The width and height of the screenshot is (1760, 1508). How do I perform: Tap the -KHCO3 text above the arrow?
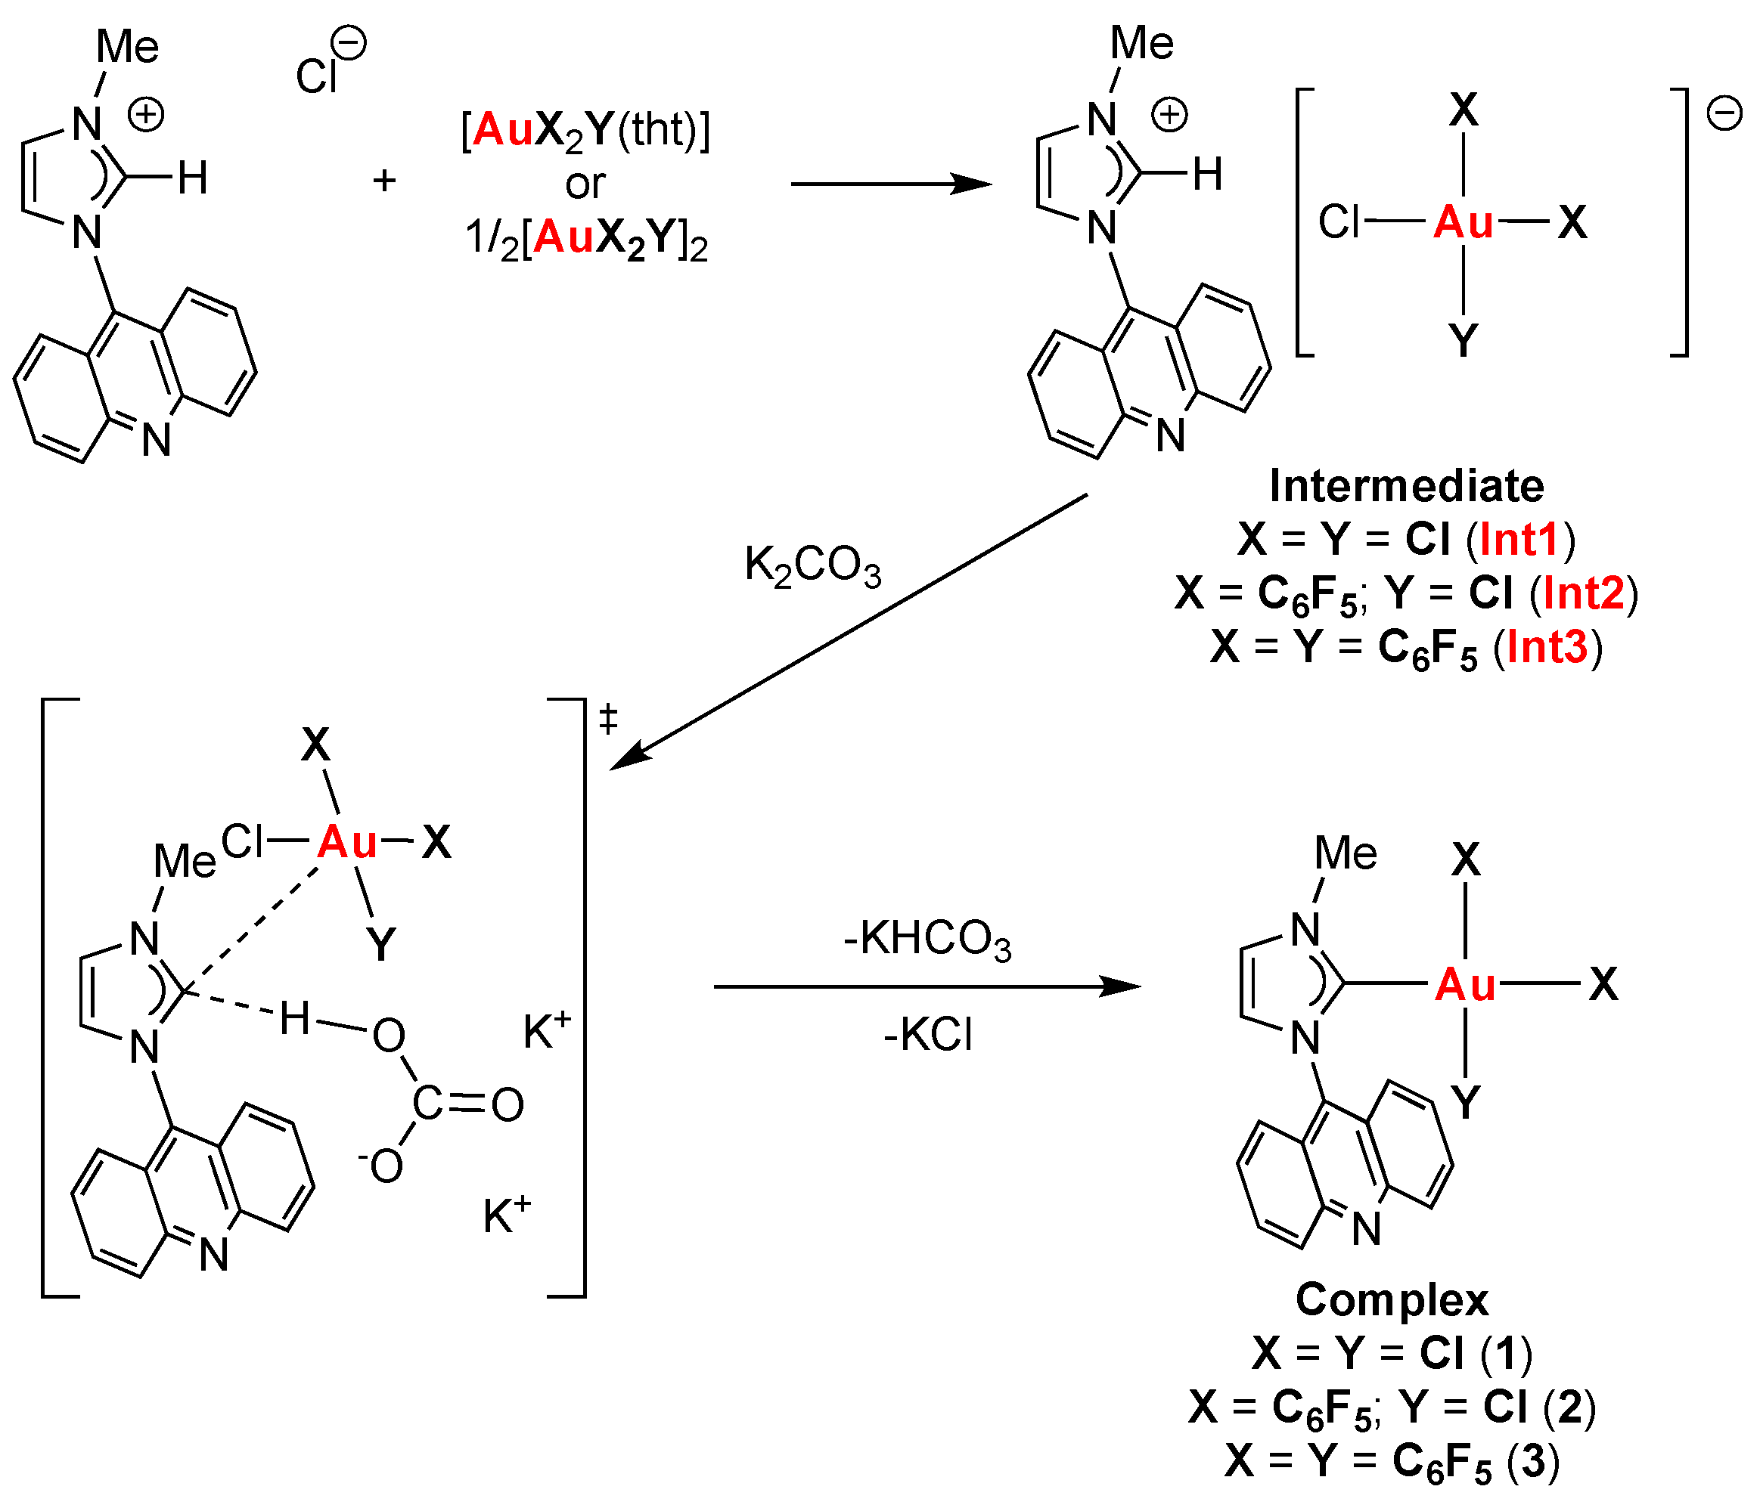(x=927, y=940)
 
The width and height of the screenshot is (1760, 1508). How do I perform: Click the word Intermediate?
(x=1406, y=487)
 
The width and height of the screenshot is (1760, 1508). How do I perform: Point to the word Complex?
(x=1392, y=1300)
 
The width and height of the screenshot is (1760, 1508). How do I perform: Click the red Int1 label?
(x=1519, y=540)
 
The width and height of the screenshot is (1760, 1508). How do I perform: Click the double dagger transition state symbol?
(x=608, y=720)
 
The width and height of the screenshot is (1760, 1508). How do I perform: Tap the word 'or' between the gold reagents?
(x=585, y=184)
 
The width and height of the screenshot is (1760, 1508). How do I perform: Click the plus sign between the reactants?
(x=384, y=180)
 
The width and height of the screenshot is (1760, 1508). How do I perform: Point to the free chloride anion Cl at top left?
(x=317, y=76)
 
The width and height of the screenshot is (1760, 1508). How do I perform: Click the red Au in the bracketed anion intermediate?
(x=1463, y=222)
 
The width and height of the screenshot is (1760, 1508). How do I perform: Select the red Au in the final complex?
(x=1464, y=985)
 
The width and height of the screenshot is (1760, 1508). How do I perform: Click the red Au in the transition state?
(x=346, y=842)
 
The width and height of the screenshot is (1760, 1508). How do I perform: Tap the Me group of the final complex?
(x=1346, y=853)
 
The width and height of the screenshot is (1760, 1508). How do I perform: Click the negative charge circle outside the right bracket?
(x=1724, y=114)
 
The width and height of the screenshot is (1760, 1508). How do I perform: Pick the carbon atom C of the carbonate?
(x=427, y=1103)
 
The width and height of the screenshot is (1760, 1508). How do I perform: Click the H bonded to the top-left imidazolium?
(x=193, y=178)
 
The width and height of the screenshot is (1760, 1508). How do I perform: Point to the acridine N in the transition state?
(x=214, y=1255)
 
